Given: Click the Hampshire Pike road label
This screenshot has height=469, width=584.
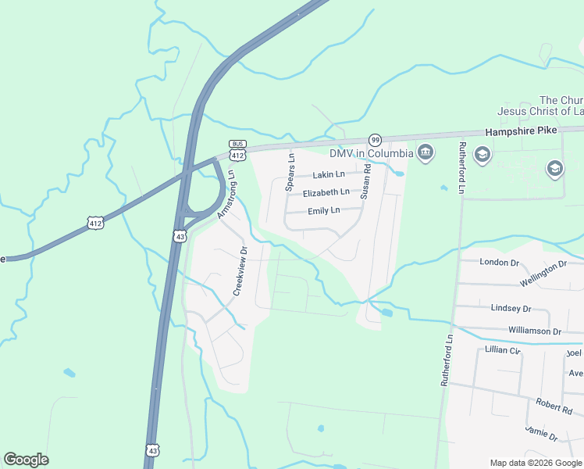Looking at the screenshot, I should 521,131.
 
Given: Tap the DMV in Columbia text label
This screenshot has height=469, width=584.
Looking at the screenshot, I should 371,152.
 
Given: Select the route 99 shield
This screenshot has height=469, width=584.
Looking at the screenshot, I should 376,140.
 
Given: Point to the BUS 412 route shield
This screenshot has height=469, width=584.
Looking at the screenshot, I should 238,151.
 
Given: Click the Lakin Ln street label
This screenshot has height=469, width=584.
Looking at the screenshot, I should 329,175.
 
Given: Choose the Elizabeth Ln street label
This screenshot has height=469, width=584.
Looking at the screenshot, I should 326,192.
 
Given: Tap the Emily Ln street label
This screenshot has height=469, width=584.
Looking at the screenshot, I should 324,210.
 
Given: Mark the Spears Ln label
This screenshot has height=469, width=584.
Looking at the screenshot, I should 290,173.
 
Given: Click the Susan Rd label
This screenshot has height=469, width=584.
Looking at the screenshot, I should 365,181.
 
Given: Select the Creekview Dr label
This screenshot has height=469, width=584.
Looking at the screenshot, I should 240,271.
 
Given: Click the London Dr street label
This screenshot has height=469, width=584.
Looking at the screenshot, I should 499,262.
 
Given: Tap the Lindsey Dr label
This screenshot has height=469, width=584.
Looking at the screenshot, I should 511,309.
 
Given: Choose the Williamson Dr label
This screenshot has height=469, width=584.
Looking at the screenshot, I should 534,331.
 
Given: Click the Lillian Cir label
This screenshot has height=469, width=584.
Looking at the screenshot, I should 502,349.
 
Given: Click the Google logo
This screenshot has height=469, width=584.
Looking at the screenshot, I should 26,460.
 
